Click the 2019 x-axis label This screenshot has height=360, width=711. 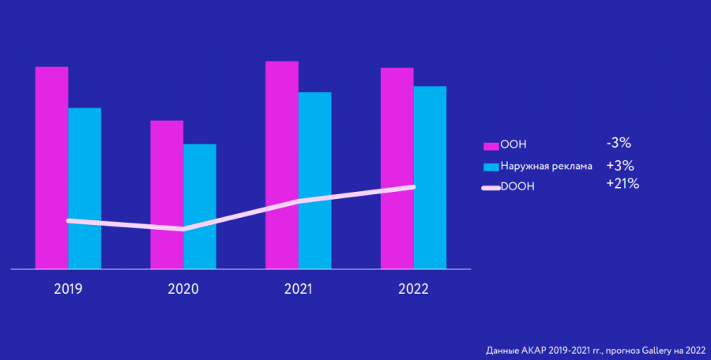(x=68, y=289)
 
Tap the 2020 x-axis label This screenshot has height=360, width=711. (x=183, y=289)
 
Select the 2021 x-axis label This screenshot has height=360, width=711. (x=299, y=289)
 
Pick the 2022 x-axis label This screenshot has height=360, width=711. (x=414, y=289)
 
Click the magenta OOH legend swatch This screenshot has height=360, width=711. (x=491, y=146)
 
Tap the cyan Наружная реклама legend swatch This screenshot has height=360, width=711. (x=491, y=167)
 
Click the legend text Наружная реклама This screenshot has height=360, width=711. (x=546, y=167)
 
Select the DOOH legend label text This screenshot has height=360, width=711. (x=517, y=189)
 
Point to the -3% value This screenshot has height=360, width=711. (x=618, y=144)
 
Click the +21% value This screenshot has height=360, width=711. (x=622, y=184)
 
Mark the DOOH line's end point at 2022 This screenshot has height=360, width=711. (x=413, y=187)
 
